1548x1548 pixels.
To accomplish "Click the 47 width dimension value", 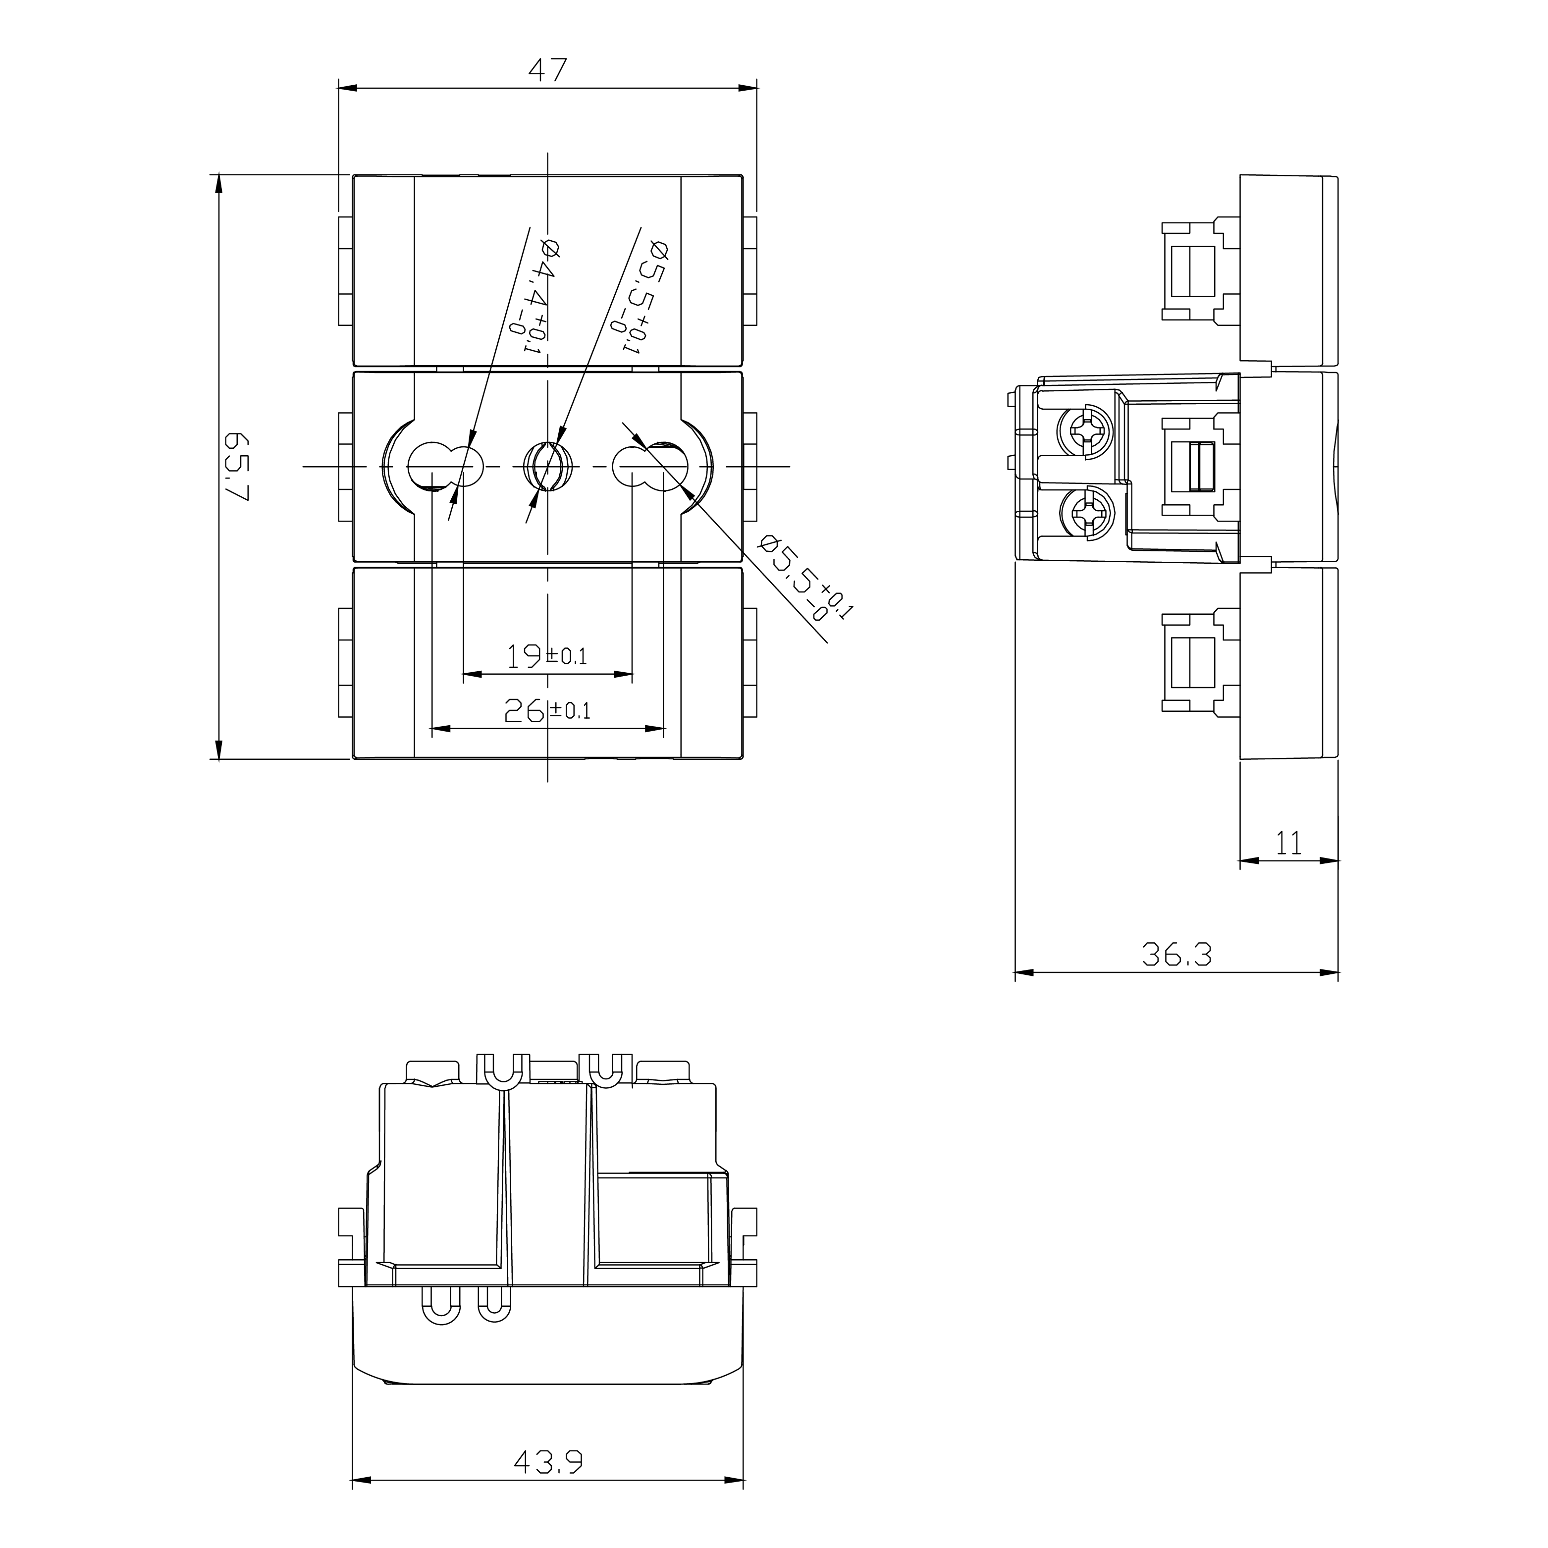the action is pos(548,70).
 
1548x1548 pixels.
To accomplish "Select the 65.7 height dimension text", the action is pos(237,467).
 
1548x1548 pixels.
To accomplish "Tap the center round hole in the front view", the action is pos(547,466).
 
